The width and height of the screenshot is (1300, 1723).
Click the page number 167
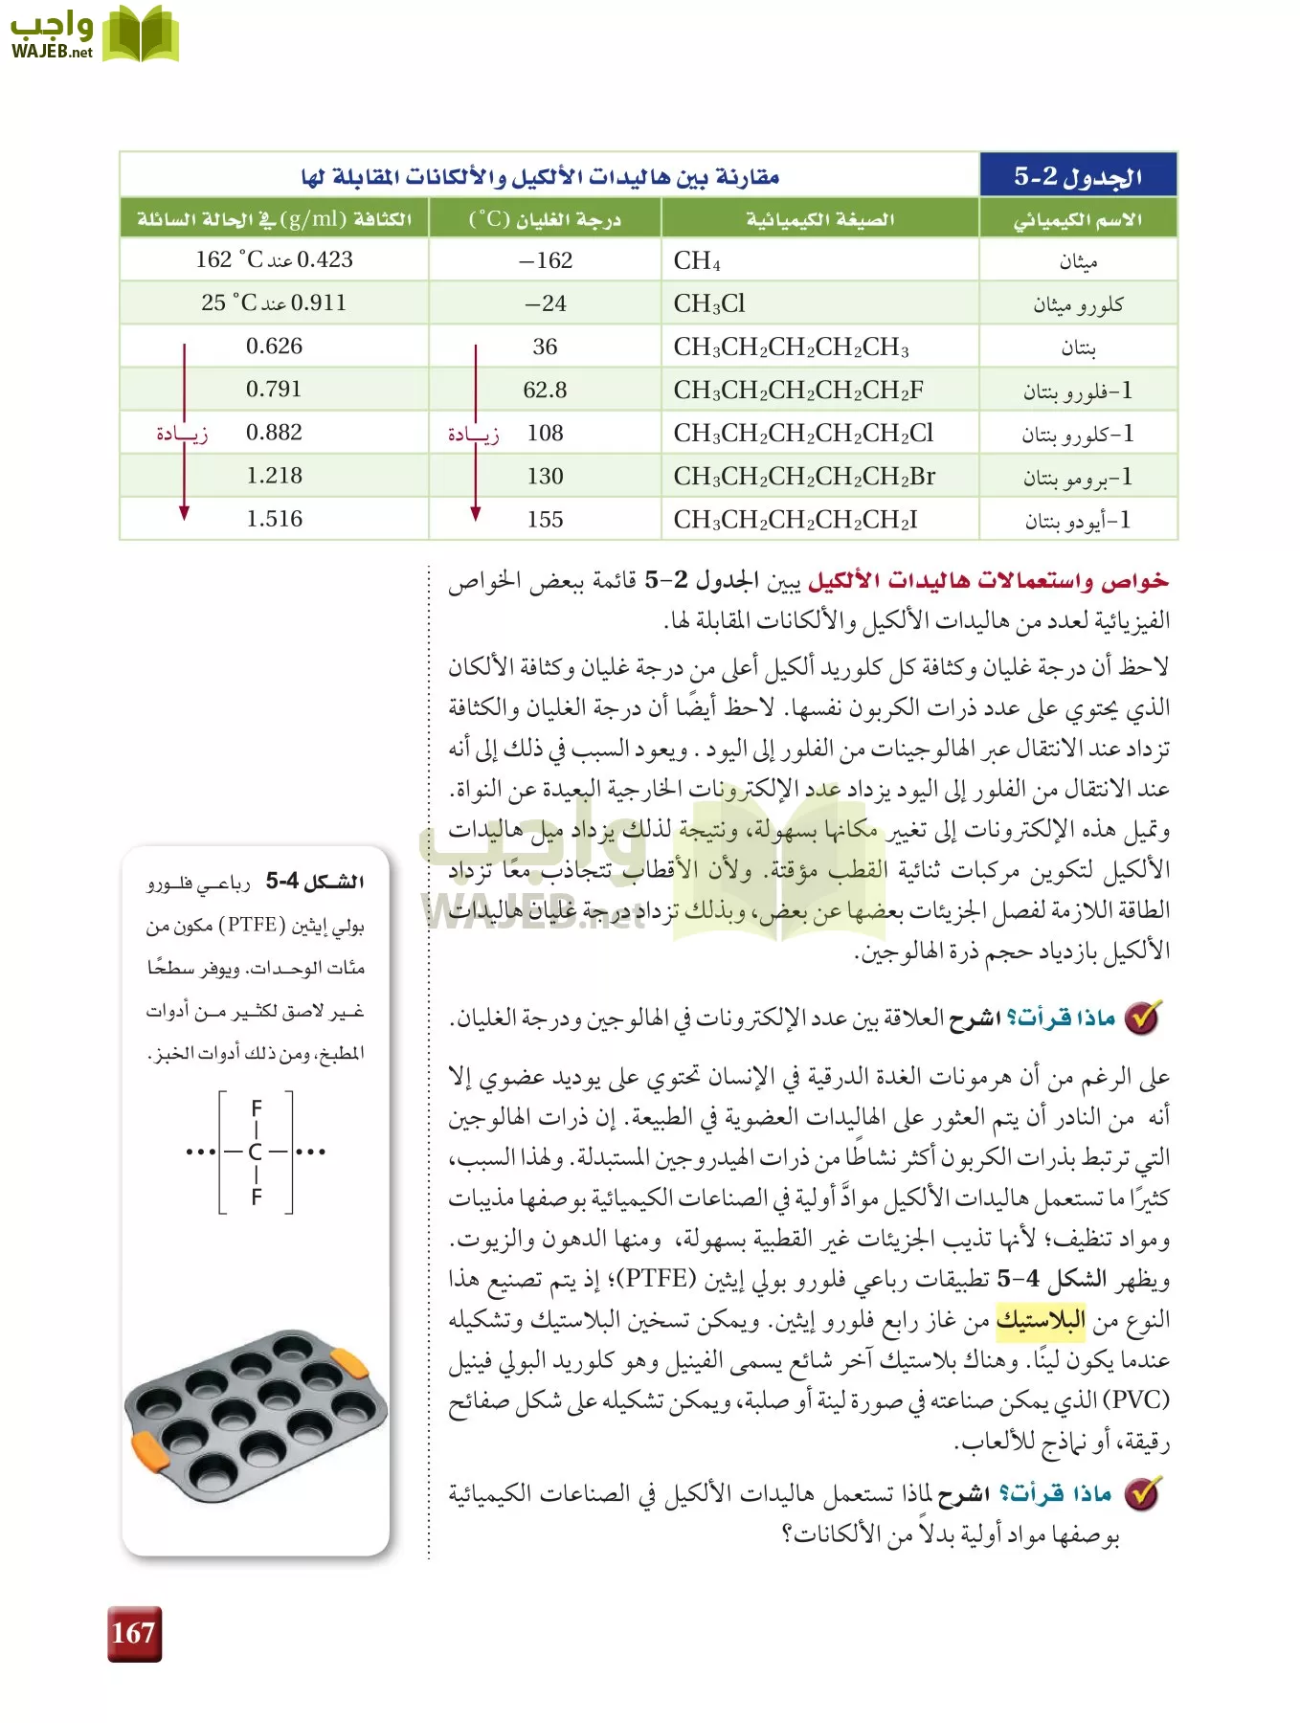tap(133, 1633)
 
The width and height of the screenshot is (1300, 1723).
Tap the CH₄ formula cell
tap(697, 260)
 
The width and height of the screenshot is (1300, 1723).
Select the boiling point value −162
tap(546, 260)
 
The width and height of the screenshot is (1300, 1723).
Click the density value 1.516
tap(274, 519)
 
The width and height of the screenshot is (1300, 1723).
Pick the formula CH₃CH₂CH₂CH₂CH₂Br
tap(804, 476)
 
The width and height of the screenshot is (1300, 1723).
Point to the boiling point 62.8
tap(545, 390)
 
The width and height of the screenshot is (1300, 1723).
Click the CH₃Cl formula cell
tap(709, 303)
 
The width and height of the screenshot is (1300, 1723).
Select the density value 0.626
tap(274, 347)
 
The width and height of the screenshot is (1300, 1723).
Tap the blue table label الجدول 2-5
tap(1078, 176)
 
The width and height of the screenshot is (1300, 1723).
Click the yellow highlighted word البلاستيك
tap(1041, 1321)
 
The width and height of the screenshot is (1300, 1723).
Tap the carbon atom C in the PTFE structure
tap(256, 1152)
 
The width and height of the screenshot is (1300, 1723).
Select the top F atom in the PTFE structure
tap(256, 1108)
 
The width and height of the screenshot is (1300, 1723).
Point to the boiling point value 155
tap(545, 519)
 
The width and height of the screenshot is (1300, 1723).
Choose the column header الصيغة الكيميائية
tap(820, 219)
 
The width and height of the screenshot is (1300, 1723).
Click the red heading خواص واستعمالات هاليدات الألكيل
tap(989, 581)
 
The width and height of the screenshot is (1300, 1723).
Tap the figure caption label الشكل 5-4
tap(315, 881)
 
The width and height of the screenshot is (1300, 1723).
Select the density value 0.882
tap(274, 433)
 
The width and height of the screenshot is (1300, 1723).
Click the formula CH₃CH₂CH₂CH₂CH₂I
tap(796, 519)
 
